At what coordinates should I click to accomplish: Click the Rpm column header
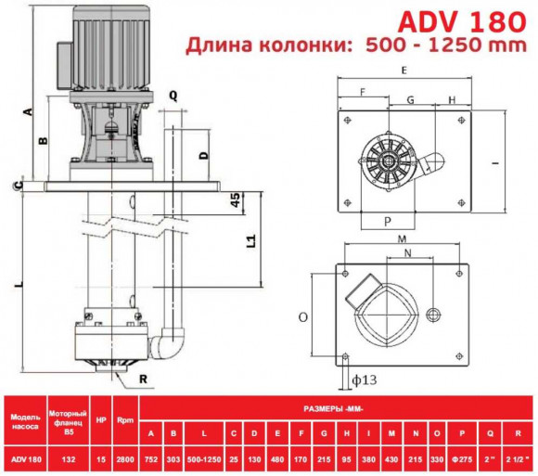tap(124, 419)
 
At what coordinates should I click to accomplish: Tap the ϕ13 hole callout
tap(365, 380)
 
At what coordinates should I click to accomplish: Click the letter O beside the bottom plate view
tap(303, 316)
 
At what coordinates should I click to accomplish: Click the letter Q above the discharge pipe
tap(173, 95)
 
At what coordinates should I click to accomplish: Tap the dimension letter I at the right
tap(496, 164)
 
